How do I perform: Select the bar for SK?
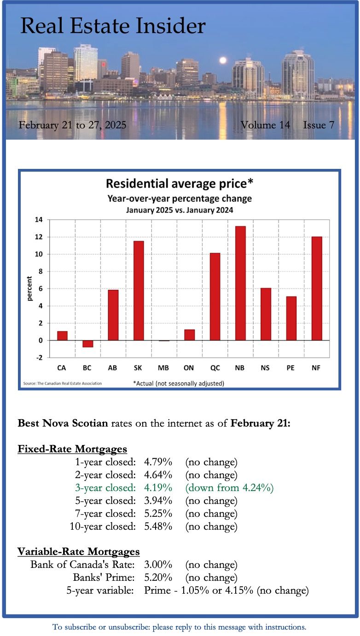pos(139,290)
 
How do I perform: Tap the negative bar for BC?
pos(88,344)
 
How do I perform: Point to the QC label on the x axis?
pos(215,368)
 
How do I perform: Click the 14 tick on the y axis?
pos(39,220)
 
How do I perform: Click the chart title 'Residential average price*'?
pos(180,184)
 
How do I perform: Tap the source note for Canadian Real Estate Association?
pos(62,383)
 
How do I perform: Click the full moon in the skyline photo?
pos(223,60)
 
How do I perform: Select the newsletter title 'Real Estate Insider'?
pos(113,26)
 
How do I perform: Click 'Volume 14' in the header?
pos(265,125)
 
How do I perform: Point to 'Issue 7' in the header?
pos(319,125)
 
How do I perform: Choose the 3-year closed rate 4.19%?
pos(158,488)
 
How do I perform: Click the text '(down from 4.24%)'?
pos(229,488)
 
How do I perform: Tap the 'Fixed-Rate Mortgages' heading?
pos(72,449)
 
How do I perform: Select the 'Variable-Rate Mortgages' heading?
pos(78,551)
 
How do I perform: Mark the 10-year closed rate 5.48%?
pos(158,526)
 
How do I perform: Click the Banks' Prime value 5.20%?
pos(158,577)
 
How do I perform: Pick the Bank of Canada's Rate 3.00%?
pos(158,564)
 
